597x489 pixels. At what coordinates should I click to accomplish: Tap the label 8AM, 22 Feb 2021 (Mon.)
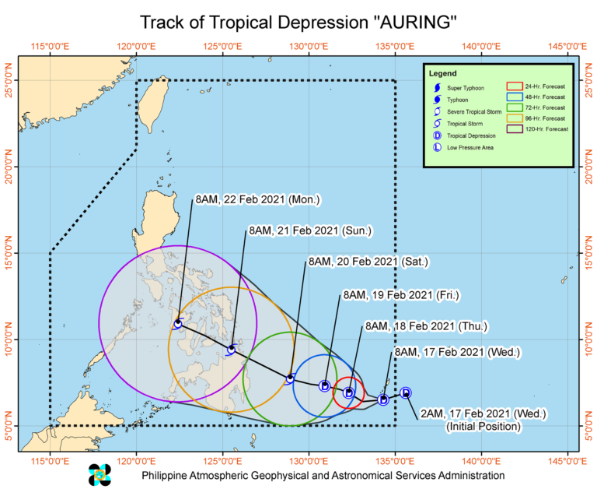click(247, 199)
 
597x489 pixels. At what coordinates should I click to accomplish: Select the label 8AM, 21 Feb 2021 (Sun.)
click(309, 230)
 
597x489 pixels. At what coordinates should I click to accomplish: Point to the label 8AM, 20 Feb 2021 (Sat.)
click(368, 262)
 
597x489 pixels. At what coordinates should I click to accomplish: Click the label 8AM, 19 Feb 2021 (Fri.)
click(401, 295)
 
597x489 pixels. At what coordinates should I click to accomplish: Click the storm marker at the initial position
click(405, 393)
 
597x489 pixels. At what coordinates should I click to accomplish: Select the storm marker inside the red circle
click(350, 393)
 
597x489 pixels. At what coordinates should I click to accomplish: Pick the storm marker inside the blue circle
click(324, 386)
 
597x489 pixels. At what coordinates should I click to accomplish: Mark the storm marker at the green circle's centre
click(290, 378)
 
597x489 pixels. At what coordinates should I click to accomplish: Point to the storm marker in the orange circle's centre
click(231, 350)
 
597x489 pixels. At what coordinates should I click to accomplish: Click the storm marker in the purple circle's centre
click(178, 323)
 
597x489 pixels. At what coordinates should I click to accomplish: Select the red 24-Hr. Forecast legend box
click(514, 86)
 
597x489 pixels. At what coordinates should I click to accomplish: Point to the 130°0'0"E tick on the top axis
click(309, 47)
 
